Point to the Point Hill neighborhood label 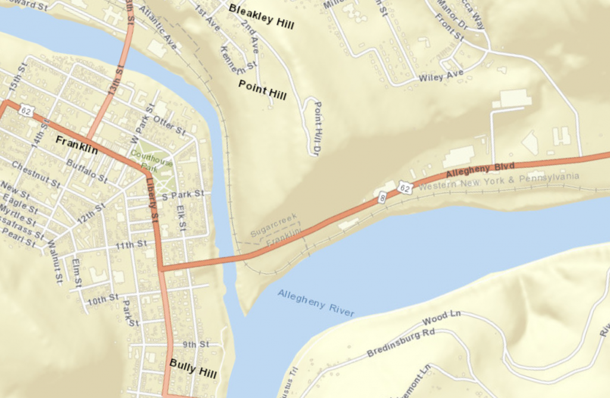tap(262, 89)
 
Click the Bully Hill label tap(193, 369)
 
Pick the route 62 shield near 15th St tap(26, 111)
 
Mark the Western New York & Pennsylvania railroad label tap(499, 181)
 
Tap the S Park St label tap(183, 195)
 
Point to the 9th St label tap(196, 344)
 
